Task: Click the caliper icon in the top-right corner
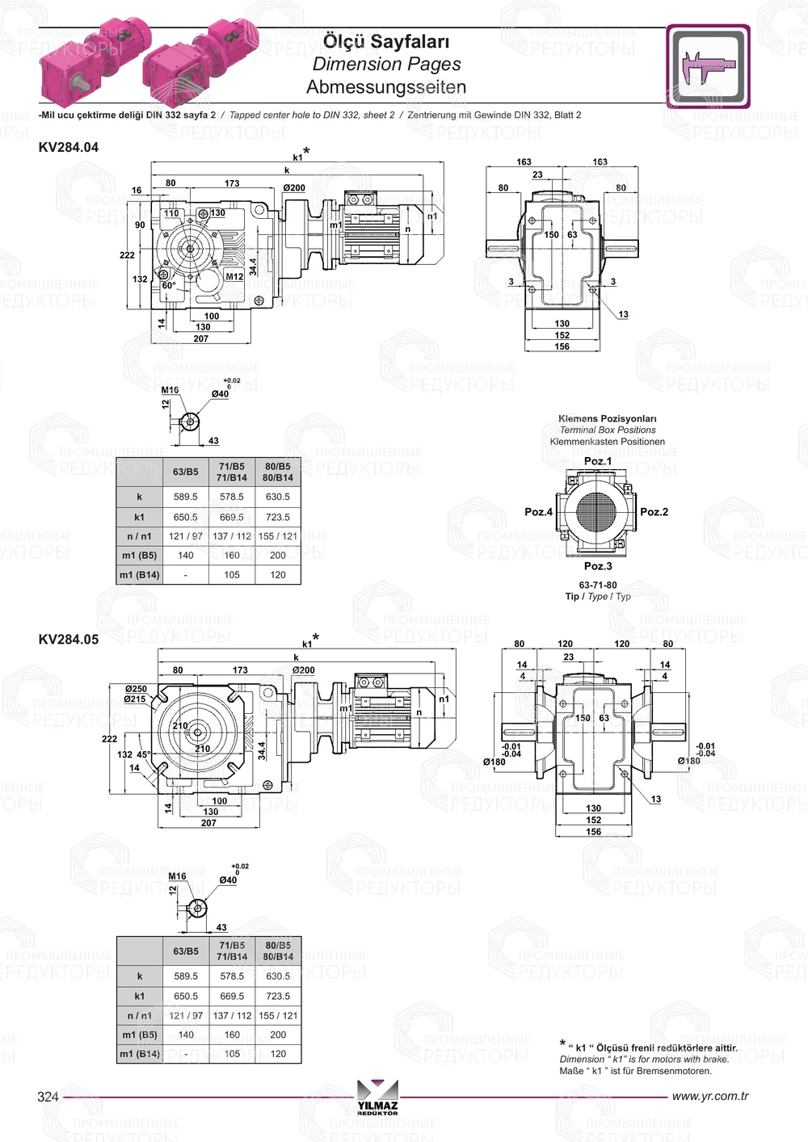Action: tap(709, 66)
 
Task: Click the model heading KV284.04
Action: tap(69, 147)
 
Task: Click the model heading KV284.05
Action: tap(69, 640)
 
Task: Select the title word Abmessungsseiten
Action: tap(385, 86)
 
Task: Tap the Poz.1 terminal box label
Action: tap(598, 461)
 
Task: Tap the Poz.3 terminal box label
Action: tap(598, 566)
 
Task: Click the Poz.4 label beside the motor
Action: tap(538, 512)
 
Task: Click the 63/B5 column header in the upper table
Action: tap(186, 472)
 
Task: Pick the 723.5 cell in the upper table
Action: tap(277, 517)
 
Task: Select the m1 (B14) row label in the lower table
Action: tap(140, 1054)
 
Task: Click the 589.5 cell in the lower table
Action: tap(186, 976)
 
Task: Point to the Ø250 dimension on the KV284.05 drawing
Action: tap(136, 689)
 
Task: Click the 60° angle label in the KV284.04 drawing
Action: tap(169, 286)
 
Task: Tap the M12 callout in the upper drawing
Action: tap(234, 276)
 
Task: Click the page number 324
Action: tap(48, 1097)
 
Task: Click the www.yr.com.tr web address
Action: tap(709, 1096)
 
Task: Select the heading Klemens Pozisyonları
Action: tap(608, 419)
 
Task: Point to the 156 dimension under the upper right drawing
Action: tap(562, 346)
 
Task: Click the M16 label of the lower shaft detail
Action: tap(177, 876)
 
